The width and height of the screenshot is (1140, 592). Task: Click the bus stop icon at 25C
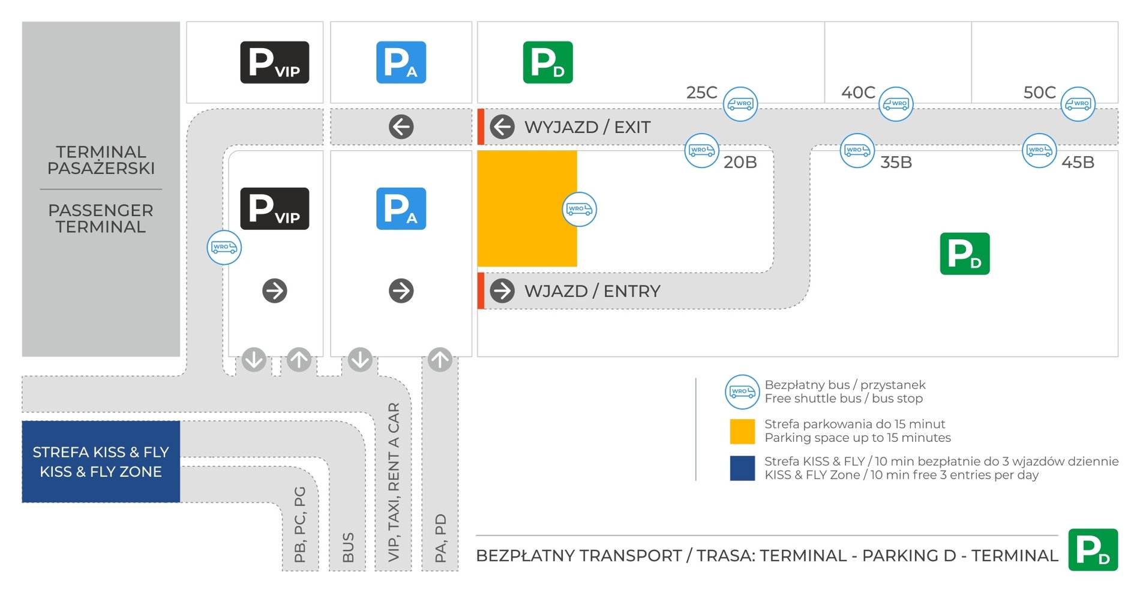pos(740,104)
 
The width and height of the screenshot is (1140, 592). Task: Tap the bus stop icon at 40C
pos(896,104)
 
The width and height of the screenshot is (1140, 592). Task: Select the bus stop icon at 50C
pos(1078,104)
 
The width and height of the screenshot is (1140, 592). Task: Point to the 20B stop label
pos(740,162)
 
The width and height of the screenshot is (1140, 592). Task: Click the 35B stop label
pos(896,162)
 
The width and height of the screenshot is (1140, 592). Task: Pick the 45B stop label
pos(1078,162)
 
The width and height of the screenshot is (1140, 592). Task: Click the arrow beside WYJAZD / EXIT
pos(502,127)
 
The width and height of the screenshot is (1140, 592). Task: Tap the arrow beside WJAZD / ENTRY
pos(502,291)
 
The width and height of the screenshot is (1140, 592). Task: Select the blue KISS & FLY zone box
pos(101,461)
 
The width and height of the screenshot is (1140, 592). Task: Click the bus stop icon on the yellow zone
pos(579,209)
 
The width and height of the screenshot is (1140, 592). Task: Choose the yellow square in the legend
pos(742,431)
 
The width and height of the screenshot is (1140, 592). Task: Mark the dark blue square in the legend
pos(742,468)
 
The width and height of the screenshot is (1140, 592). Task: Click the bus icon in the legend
pos(742,391)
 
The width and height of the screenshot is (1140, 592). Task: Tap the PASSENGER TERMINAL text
pos(101,219)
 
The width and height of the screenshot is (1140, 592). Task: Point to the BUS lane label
pos(348,547)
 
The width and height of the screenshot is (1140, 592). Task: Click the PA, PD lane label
pos(440,538)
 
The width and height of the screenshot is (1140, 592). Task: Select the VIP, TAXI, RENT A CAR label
pos(394,482)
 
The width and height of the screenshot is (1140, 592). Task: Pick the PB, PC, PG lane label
pos(300,524)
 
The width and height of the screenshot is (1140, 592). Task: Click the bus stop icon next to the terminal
pos(224,247)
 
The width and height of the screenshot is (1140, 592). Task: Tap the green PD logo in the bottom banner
pos(1093,549)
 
